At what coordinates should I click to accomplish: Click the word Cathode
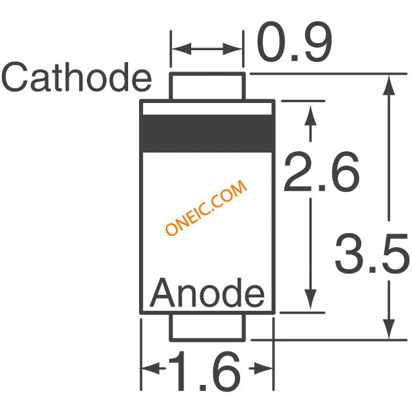(x=76, y=79)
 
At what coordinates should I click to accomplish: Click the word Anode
(x=207, y=295)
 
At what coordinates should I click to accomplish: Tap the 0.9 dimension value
(x=294, y=44)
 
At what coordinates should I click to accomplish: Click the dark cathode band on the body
(x=207, y=134)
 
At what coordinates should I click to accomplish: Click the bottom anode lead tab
(x=207, y=326)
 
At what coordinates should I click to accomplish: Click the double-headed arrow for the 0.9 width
(x=207, y=49)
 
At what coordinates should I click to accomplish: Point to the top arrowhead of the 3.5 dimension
(x=389, y=84)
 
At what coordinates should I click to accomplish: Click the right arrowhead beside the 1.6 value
(x=265, y=370)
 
